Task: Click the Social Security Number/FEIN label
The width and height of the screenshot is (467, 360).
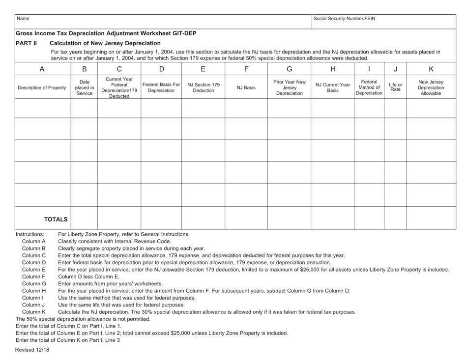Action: (344, 19)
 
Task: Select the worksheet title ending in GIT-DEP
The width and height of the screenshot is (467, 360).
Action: (106, 33)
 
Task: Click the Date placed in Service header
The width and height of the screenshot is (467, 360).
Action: (84, 88)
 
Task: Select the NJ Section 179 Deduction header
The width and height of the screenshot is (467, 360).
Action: (203, 88)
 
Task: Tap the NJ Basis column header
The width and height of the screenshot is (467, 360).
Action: (246, 88)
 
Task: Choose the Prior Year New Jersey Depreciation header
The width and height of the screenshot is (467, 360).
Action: (289, 88)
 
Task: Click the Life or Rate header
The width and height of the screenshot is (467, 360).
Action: (395, 88)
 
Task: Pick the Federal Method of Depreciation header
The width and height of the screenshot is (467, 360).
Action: (369, 88)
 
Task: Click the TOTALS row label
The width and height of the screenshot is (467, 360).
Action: (56, 219)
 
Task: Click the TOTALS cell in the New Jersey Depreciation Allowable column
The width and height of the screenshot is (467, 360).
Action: (430, 219)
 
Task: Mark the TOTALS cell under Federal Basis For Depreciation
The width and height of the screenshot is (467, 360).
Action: (161, 219)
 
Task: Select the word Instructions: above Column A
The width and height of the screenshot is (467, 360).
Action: (30, 234)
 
